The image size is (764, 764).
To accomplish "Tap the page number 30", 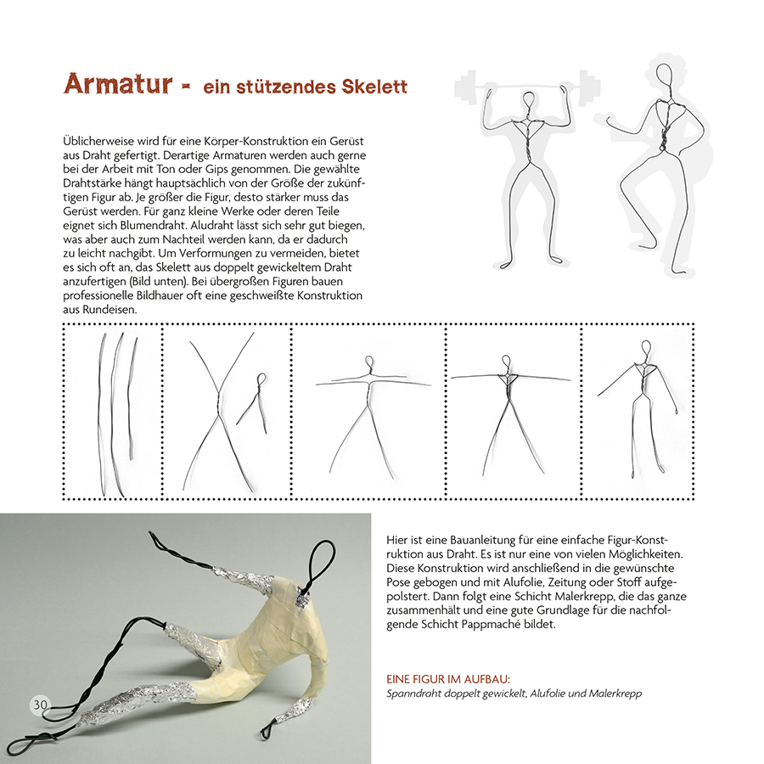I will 40,704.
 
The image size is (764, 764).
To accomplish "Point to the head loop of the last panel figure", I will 647,349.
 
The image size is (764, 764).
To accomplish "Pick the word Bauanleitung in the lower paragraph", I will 475,539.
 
